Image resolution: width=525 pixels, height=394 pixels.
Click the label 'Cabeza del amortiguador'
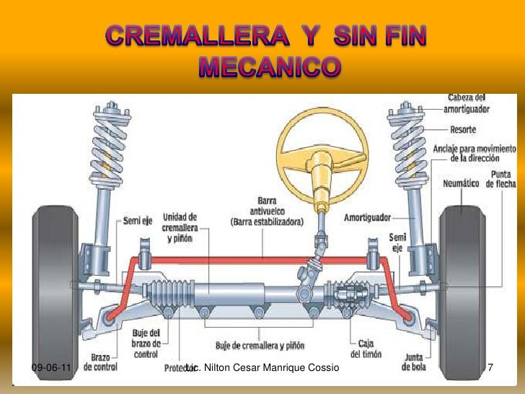469,103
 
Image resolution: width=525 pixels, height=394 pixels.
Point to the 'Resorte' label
463,131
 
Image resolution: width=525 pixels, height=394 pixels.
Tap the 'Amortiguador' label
367,216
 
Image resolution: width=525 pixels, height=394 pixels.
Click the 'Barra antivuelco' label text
267,211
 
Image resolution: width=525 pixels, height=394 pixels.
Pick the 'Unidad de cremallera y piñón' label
180,227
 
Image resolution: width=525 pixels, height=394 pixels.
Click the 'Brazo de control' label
100,362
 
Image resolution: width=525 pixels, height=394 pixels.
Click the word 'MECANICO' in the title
268,68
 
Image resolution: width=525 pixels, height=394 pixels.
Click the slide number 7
491,369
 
